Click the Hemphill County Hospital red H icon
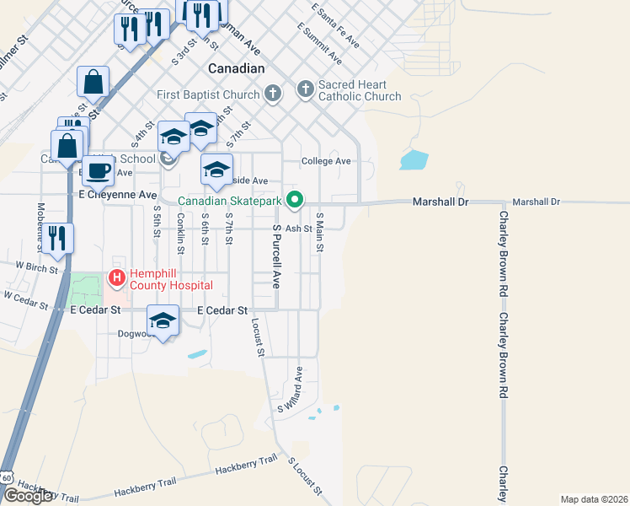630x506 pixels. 116,277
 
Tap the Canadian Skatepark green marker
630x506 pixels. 295,200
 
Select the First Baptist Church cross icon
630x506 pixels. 273,93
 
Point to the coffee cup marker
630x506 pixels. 98,171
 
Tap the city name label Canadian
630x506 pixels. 236,68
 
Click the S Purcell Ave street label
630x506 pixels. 275,256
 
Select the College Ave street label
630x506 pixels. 326,161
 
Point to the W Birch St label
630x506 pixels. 35,267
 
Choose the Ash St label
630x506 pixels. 298,228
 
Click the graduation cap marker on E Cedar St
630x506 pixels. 163,321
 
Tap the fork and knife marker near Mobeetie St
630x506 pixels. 57,237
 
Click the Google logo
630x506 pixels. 29,496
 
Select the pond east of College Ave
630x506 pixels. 414,159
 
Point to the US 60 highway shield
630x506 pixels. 8,478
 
